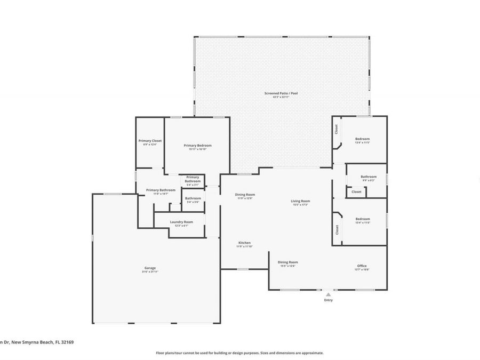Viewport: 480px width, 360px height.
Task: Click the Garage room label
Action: tap(149, 268)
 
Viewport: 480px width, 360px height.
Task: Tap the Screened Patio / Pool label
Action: tap(281, 93)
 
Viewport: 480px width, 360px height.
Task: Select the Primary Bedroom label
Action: tap(197, 146)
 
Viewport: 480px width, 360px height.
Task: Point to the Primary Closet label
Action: tap(150, 141)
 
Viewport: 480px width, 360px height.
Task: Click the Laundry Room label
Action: tap(181, 222)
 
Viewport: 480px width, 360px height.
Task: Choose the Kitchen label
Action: tap(244, 243)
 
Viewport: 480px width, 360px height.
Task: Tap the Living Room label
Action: tap(300, 201)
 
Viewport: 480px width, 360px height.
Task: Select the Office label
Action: tap(362, 266)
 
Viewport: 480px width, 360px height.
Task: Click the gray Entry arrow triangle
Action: tap(329, 293)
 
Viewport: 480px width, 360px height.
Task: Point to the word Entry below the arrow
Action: tap(329, 300)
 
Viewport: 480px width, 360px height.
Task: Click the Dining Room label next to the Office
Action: tap(287, 262)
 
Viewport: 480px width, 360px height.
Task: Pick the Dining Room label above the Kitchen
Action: tap(245, 195)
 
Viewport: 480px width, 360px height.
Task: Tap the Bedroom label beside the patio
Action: tap(362, 139)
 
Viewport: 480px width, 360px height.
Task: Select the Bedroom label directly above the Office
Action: tap(362, 219)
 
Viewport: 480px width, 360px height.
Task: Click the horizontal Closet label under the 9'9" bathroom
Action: tap(356, 191)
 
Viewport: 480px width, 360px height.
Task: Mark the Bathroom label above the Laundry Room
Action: tap(193, 198)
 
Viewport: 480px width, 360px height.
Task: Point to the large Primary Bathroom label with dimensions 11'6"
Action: tap(161, 190)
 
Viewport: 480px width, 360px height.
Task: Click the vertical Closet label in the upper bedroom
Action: tap(337, 129)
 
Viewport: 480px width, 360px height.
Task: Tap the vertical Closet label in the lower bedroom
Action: tap(337, 229)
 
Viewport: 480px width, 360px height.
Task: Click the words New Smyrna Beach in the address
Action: tap(34, 342)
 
